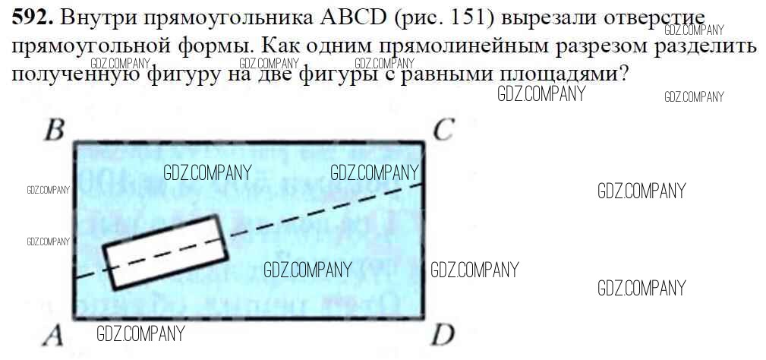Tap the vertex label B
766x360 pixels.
click(53, 130)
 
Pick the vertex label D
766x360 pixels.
click(443, 335)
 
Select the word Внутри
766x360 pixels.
click(98, 16)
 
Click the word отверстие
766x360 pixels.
click(653, 16)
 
